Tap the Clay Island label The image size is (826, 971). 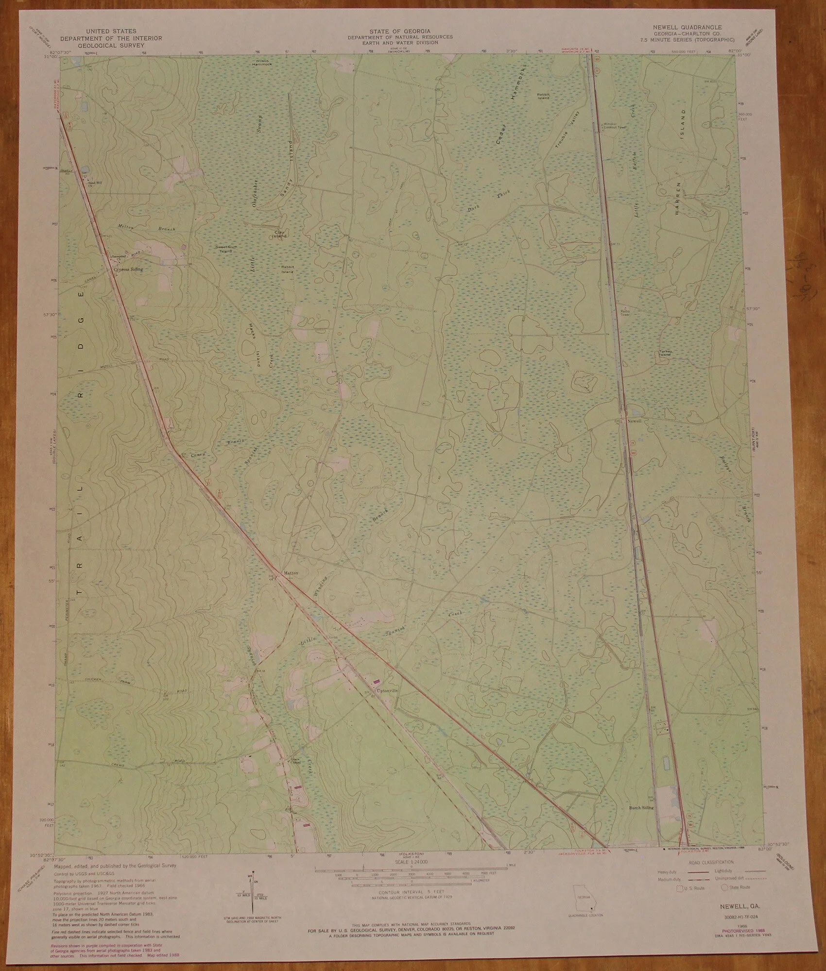(280, 234)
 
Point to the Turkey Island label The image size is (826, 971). (664, 353)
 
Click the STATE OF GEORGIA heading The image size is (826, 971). (399, 31)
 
